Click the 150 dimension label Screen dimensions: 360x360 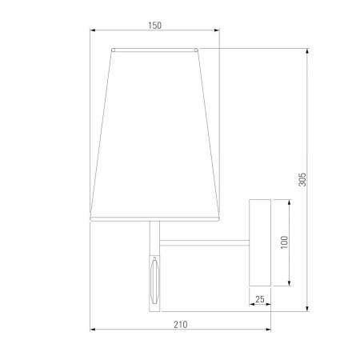[155, 26]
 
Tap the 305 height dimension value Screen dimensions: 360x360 [302, 179]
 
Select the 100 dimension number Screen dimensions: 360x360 [285, 242]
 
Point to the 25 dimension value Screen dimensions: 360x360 [260, 299]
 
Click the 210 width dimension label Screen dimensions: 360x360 [181, 325]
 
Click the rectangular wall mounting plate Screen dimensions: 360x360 [260, 242]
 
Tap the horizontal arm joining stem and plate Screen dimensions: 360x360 [204, 242]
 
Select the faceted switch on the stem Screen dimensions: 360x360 [154, 280]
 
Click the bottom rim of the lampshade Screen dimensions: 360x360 [154, 219]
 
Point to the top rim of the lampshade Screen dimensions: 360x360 [154, 50]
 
